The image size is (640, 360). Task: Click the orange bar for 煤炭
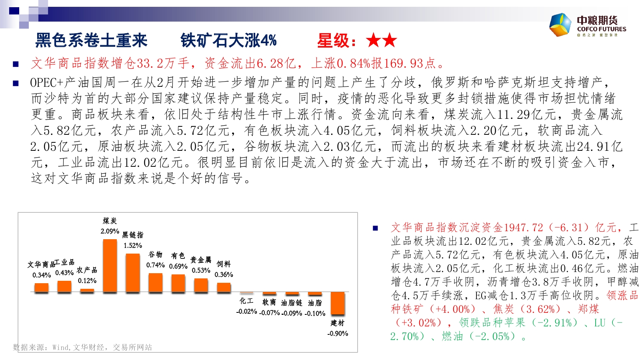pos(110,266)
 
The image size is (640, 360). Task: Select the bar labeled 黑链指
pos(133,273)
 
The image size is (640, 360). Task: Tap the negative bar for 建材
pos(338,303)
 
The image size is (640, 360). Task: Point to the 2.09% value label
pos(110,231)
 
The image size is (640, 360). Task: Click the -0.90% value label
pos(338,334)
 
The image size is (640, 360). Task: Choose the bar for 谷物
pos(156,282)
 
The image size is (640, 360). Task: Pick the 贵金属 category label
pos(201,260)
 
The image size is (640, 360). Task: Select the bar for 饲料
pos(224,288)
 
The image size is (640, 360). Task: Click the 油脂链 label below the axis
pos(292,303)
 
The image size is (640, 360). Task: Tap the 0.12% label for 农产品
pos(87,281)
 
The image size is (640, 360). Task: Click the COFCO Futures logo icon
pos(560,24)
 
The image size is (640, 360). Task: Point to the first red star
pos(373,40)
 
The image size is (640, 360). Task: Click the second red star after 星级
pos(390,40)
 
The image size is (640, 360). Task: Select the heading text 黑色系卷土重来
pos(92,40)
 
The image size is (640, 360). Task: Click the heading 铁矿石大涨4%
pos(228,40)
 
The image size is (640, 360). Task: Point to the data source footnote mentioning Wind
pos(82,348)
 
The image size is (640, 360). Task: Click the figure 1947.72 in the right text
pos(524,228)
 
